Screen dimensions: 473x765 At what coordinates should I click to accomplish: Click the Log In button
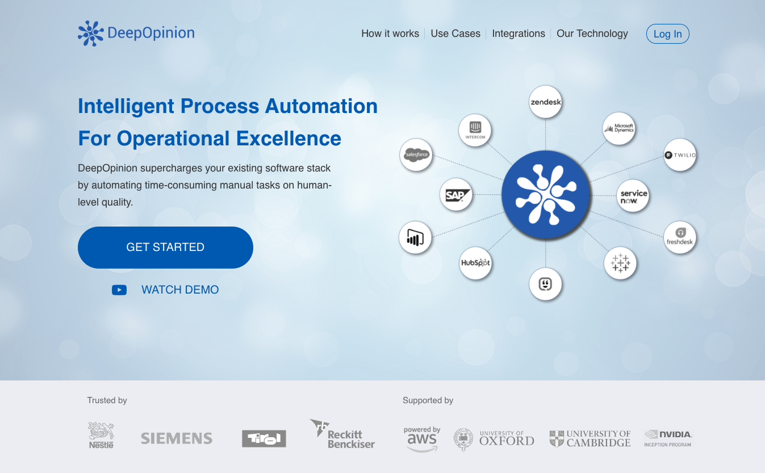pyautogui.click(x=667, y=34)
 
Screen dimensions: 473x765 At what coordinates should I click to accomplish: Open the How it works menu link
pyautogui.click(x=390, y=34)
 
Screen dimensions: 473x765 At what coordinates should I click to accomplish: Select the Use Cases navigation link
pyautogui.click(x=455, y=34)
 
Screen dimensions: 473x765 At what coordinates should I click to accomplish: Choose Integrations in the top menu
pyautogui.click(x=519, y=34)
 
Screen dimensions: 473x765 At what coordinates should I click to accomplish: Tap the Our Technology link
pyautogui.click(x=592, y=34)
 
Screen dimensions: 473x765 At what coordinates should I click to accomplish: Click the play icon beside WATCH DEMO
pyautogui.click(x=119, y=290)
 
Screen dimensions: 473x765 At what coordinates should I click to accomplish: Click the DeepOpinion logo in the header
pyautogui.click(x=136, y=33)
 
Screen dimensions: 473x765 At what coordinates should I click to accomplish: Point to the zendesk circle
pyautogui.click(x=546, y=102)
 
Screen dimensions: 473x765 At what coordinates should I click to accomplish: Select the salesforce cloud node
pyautogui.click(x=416, y=154)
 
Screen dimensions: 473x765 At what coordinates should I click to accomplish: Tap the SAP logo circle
pyautogui.click(x=456, y=195)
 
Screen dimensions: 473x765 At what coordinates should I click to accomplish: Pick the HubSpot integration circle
pyautogui.click(x=475, y=263)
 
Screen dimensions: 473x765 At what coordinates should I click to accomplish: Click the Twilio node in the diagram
pyautogui.click(x=680, y=154)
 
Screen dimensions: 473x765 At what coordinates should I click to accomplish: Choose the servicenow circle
pyautogui.click(x=633, y=196)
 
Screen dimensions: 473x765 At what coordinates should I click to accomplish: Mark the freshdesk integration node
pyautogui.click(x=680, y=237)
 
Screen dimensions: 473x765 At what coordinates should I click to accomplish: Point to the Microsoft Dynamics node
pyautogui.click(x=618, y=128)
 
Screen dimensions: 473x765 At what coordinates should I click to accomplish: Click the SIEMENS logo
pyautogui.click(x=177, y=438)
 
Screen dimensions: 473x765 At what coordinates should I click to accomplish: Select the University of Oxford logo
pyautogui.click(x=494, y=439)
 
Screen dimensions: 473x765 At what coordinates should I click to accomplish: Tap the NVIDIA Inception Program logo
pyautogui.click(x=668, y=438)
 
